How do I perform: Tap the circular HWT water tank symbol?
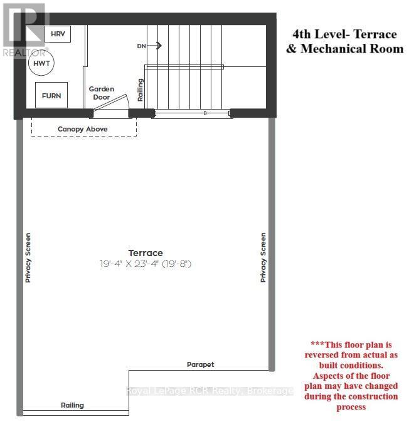pos(43,63)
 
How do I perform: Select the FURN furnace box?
pos(51,95)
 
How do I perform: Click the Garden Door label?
pos(101,93)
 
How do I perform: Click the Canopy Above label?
pos(83,129)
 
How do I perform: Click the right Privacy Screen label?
pos(263,257)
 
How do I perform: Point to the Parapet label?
pos(200,364)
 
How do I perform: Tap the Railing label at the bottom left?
pos(72,405)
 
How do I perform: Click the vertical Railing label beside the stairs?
pos(141,90)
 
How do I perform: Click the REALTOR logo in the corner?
pos(24,29)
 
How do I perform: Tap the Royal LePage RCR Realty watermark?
pos(209,391)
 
